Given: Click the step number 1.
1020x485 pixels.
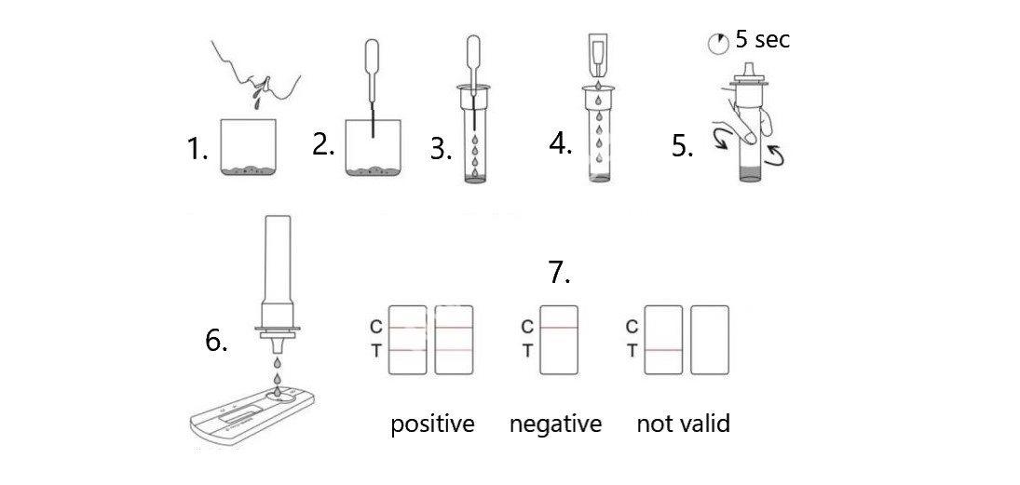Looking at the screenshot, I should tap(197, 150).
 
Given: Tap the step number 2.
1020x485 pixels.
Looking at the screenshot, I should tap(323, 145).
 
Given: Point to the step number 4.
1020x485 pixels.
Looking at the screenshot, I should tap(560, 145).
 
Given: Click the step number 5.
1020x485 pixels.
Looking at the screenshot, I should tap(683, 148).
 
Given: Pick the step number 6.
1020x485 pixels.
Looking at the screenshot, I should tap(216, 342).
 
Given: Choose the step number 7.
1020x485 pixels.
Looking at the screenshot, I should tap(559, 273).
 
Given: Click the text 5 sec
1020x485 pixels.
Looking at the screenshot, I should tap(762, 40).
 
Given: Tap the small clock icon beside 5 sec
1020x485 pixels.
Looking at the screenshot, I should tap(717, 43).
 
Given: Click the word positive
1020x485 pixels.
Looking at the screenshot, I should tap(432, 424).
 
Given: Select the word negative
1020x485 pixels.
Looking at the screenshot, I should tap(555, 424).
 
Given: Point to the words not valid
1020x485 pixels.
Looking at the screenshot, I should tap(683, 424).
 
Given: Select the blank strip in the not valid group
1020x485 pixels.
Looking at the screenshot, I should tap(709, 340).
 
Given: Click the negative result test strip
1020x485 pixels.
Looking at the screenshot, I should tap(559, 340).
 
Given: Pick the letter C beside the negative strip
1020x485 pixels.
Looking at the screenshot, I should tap(527, 327).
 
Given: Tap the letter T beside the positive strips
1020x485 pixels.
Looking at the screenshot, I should tap(376, 351).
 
